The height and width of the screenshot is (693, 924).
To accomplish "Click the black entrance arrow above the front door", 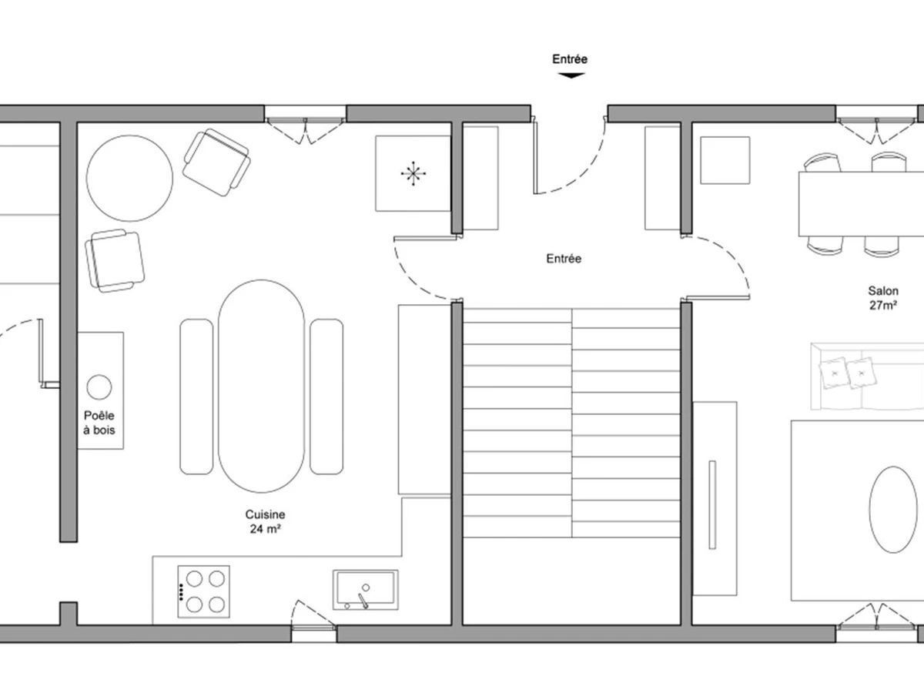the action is [x=571, y=75].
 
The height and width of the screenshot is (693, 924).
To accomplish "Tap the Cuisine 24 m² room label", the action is [x=265, y=522].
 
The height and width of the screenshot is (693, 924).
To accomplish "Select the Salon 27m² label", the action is [x=883, y=298].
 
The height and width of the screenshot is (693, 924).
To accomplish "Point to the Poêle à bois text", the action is [x=99, y=423].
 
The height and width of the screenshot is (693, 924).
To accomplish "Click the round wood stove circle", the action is [x=99, y=387].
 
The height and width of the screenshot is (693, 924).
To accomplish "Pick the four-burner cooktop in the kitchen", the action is [x=204, y=591].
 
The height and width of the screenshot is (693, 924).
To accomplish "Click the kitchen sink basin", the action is [x=366, y=590].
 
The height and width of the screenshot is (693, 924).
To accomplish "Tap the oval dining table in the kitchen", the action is [x=261, y=386].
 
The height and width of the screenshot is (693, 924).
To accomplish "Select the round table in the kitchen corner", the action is [x=129, y=178].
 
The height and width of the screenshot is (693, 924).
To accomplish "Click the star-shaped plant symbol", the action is [x=413, y=173].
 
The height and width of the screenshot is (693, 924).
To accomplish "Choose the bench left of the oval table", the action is [x=196, y=397].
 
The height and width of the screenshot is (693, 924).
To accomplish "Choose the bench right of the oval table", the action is [x=326, y=397].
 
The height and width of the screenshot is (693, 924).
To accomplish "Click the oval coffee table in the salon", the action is [x=893, y=510].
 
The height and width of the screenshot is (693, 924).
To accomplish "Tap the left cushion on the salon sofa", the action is [x=834, y=373].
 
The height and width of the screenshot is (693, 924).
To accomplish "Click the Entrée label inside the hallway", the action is [x=564, y=259].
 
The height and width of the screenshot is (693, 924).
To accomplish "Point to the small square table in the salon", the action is [x=725, y=160].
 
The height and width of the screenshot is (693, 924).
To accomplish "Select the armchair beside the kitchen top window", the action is [x=217, y=162].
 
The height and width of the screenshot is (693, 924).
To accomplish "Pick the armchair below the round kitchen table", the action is [x=115, y=261].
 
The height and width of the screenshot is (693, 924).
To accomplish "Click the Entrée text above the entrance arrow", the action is [x=570, y=59].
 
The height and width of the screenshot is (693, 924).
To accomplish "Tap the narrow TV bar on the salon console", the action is [x=712, y=505].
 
